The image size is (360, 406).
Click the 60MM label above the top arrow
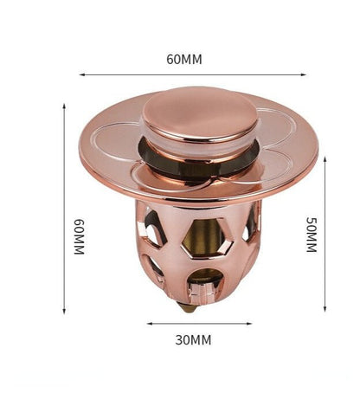184,59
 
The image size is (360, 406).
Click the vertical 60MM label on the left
79,236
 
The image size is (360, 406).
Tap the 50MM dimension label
312,235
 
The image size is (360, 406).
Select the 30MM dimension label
193,340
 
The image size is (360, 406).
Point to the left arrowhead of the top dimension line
82,74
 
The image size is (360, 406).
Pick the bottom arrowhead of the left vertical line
64,311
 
